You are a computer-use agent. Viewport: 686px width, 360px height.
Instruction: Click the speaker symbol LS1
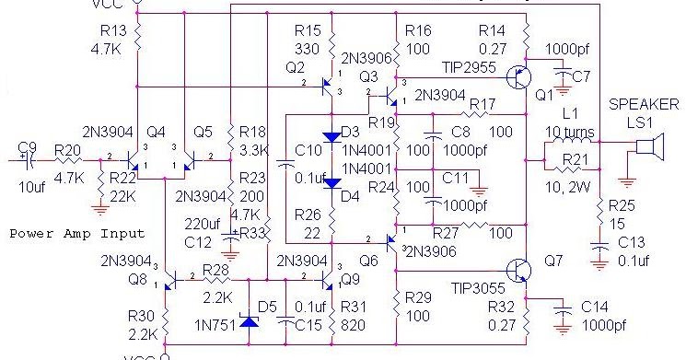651,147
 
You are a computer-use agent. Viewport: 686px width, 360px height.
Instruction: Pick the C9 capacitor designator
28,145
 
